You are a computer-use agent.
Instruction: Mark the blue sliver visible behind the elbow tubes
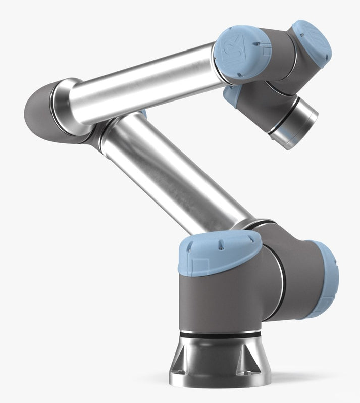tap(143, 113)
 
